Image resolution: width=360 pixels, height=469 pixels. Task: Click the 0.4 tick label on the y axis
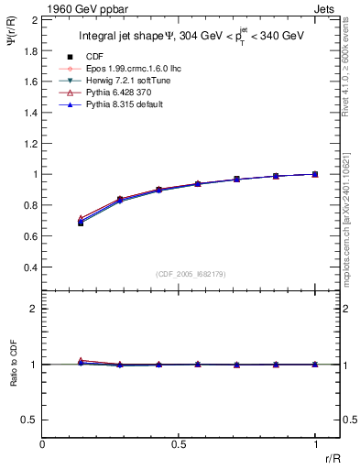pos(31,267)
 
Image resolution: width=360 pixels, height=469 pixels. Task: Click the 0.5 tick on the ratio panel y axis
pos(31,420)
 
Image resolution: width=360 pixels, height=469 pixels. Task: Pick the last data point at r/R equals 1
pos(315,174)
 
